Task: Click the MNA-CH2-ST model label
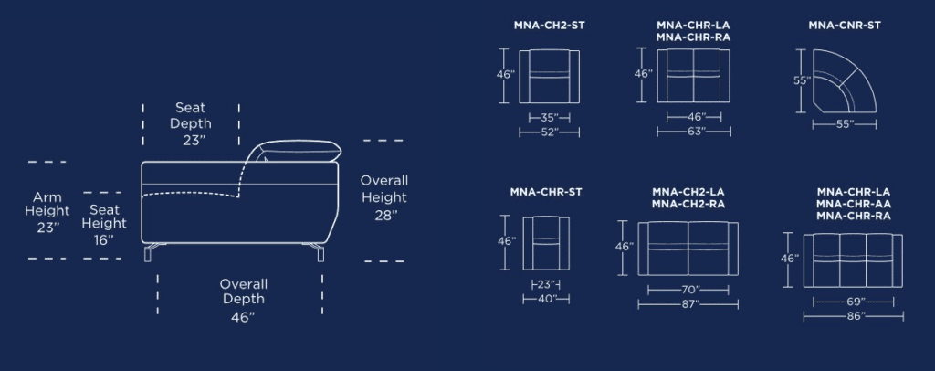point(549,26)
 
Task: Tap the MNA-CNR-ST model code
point(845,26)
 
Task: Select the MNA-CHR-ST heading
point(546,192)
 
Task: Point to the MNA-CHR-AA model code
point(854,204)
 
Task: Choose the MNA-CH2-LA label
point(688,192)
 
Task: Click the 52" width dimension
point(549,132)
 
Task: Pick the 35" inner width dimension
point(549,118)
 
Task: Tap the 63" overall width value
point(694,132)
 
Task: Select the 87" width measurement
point(688,304)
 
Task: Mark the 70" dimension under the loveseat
point(688,290)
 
